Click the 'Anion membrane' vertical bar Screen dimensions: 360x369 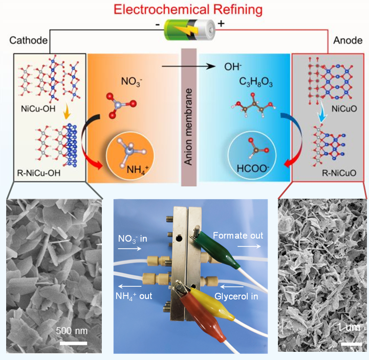tap(189, 115)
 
